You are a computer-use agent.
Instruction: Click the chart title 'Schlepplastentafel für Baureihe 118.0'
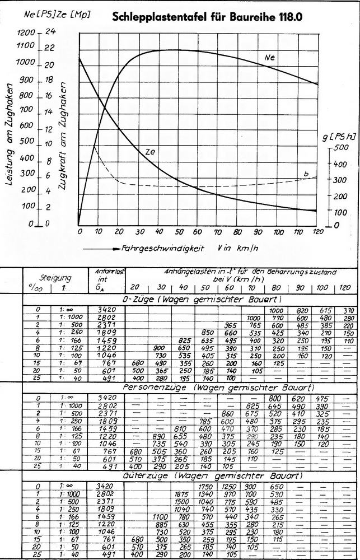207,17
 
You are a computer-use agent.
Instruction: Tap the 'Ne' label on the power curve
270,57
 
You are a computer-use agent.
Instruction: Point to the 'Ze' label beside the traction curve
150,151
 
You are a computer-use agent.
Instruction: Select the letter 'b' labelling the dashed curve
306,174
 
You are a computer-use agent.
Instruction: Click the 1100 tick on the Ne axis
26,49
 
